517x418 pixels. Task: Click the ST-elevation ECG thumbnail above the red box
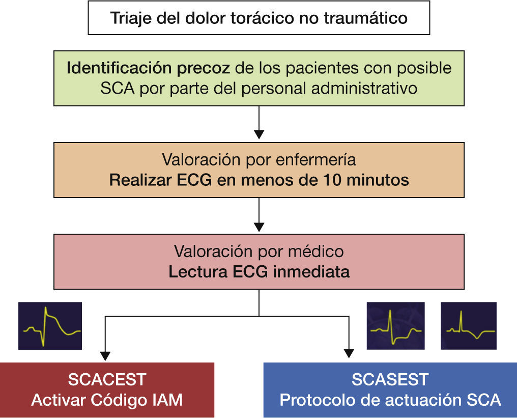pos(50,326)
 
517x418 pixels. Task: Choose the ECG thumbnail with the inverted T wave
pos(468,326)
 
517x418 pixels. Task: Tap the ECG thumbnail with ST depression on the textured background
pos(395,326)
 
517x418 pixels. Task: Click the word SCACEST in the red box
pos(107,379)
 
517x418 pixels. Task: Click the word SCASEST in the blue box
pos(390,379)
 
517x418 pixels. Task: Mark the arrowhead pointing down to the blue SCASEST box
pos(349,353)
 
